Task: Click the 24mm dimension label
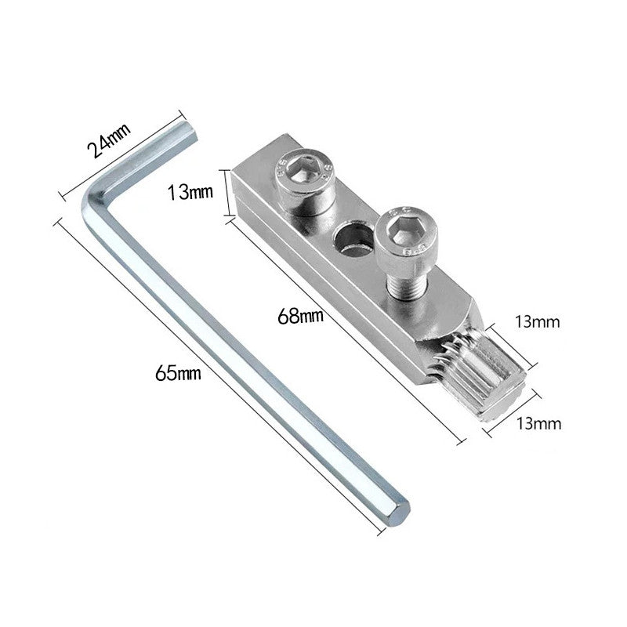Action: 109,141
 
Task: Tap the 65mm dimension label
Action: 178,374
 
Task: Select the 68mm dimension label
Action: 300,317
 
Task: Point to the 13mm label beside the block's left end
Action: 190,192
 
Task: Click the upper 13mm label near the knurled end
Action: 537,321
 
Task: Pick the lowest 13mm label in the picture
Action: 538,422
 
